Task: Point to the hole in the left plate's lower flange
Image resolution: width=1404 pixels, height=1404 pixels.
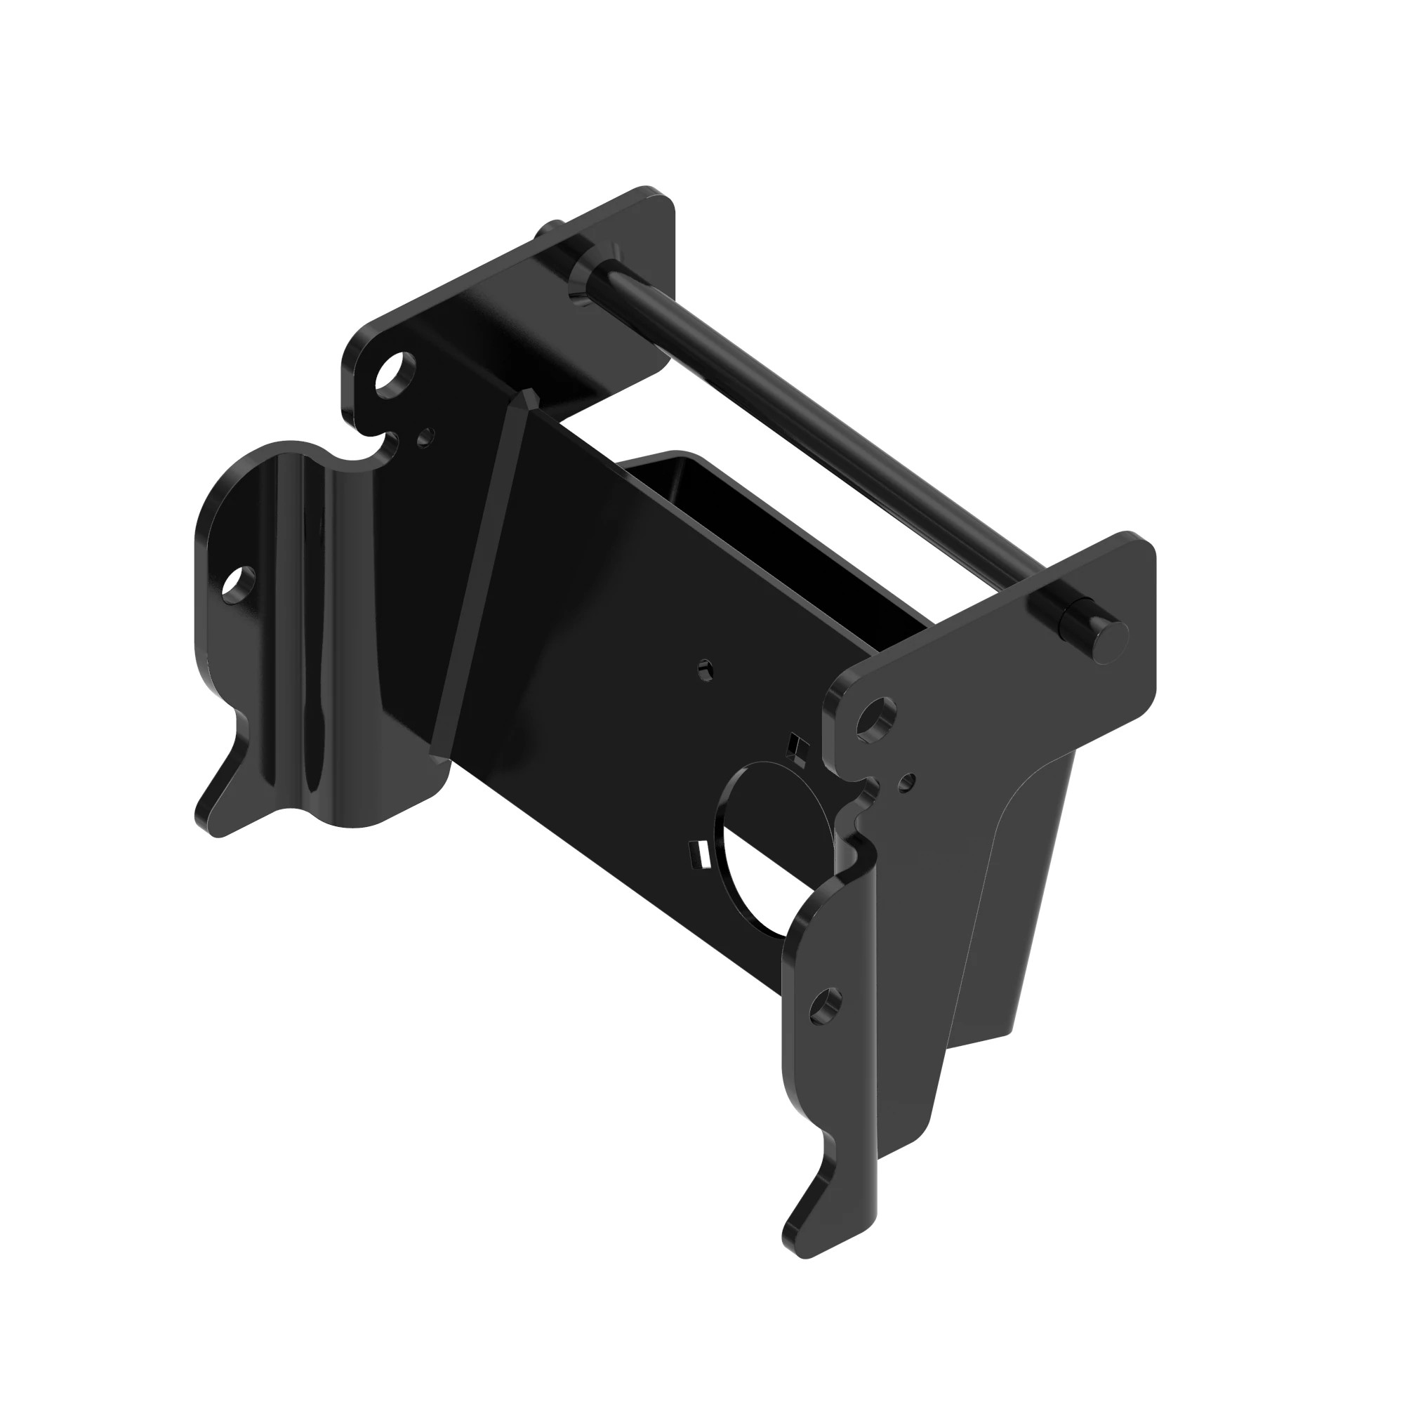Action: [x=239, y=581]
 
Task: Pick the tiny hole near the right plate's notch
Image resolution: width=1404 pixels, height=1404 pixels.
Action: [x=906, y=783]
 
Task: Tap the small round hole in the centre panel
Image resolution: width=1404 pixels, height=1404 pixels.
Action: [x=703, y=668]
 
